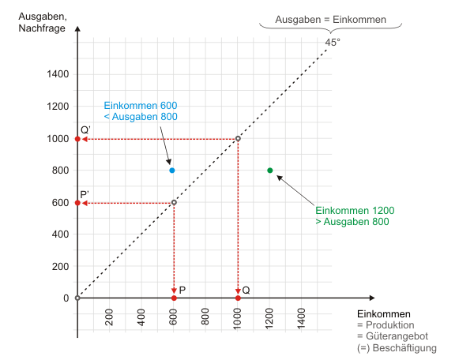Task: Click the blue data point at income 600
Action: tap(172, 171)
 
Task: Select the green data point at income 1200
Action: tap(270, 171)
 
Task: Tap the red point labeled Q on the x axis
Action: tap(238, 298)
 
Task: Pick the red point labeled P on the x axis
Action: tap(174, 298)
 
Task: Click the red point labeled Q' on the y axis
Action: tap(77, 139)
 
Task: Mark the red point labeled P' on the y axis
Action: tap(77, 203)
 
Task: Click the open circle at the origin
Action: tap(77, 298)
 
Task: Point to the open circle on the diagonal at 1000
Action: tap(238, 139)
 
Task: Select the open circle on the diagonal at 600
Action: tap(174, 203)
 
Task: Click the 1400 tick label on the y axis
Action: tap(57, 75)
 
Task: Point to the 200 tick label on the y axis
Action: tap(60, 266)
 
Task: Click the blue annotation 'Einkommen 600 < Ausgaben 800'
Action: tap(140, 111)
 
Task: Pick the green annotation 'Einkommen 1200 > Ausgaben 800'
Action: tap(354, 216)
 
